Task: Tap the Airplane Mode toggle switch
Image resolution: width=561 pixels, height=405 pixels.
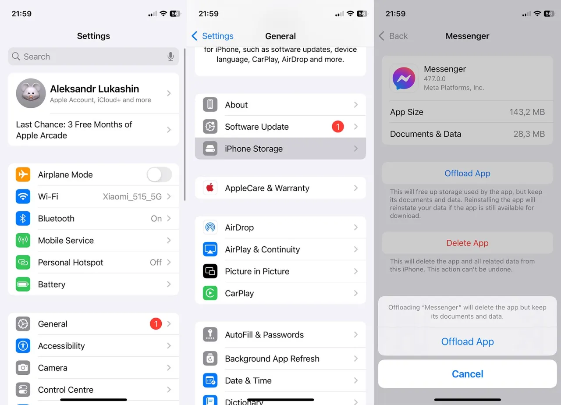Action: [x=159, y=175]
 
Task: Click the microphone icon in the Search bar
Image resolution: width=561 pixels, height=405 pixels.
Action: [x=170, y=57]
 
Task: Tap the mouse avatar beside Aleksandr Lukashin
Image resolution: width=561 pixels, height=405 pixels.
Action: [x=31, y=93]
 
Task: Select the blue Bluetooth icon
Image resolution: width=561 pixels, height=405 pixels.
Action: [x=23, y=218]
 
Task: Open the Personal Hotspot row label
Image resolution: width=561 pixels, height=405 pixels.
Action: [x=71, y=263]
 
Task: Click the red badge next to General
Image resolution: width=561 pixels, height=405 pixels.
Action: [x=156, y=324]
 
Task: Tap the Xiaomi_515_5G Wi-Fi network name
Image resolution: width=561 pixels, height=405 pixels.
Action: [x=132, y=197]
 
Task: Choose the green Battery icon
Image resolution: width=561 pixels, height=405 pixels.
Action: [x=23, y=284]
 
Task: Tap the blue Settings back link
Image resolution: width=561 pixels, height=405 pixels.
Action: [x=213, y=36]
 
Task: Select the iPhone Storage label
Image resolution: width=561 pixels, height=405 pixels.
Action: [x=254, y=149]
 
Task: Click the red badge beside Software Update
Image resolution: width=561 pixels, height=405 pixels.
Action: [x=337, y=127]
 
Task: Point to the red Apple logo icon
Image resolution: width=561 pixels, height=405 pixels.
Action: [x=210, y=188]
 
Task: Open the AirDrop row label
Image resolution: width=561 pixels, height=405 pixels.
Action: [x=239, y=227]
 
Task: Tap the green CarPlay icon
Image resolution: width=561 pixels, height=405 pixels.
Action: [x=210, y=293]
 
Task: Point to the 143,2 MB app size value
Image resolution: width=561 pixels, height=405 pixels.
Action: [x=527, y=112]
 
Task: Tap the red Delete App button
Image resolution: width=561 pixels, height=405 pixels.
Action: [x=467, y=243]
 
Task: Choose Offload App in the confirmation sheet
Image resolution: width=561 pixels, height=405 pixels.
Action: [x=467, y=342]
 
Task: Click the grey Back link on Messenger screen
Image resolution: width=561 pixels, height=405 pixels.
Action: [x=393, y=36]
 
